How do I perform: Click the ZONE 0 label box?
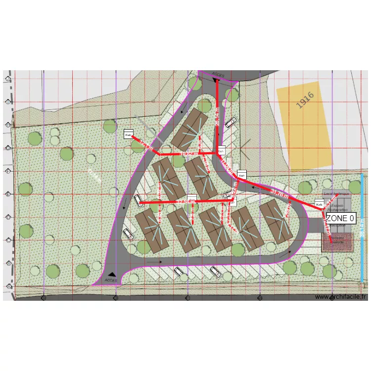(x=340, y=218)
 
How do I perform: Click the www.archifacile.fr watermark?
(x=341, y=297)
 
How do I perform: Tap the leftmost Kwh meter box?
(x=129, y=134)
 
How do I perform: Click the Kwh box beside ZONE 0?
(x=319, y=204)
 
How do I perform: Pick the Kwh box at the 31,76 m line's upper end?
(x=241, y=175)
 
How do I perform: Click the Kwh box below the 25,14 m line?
(x=222, y=150)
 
